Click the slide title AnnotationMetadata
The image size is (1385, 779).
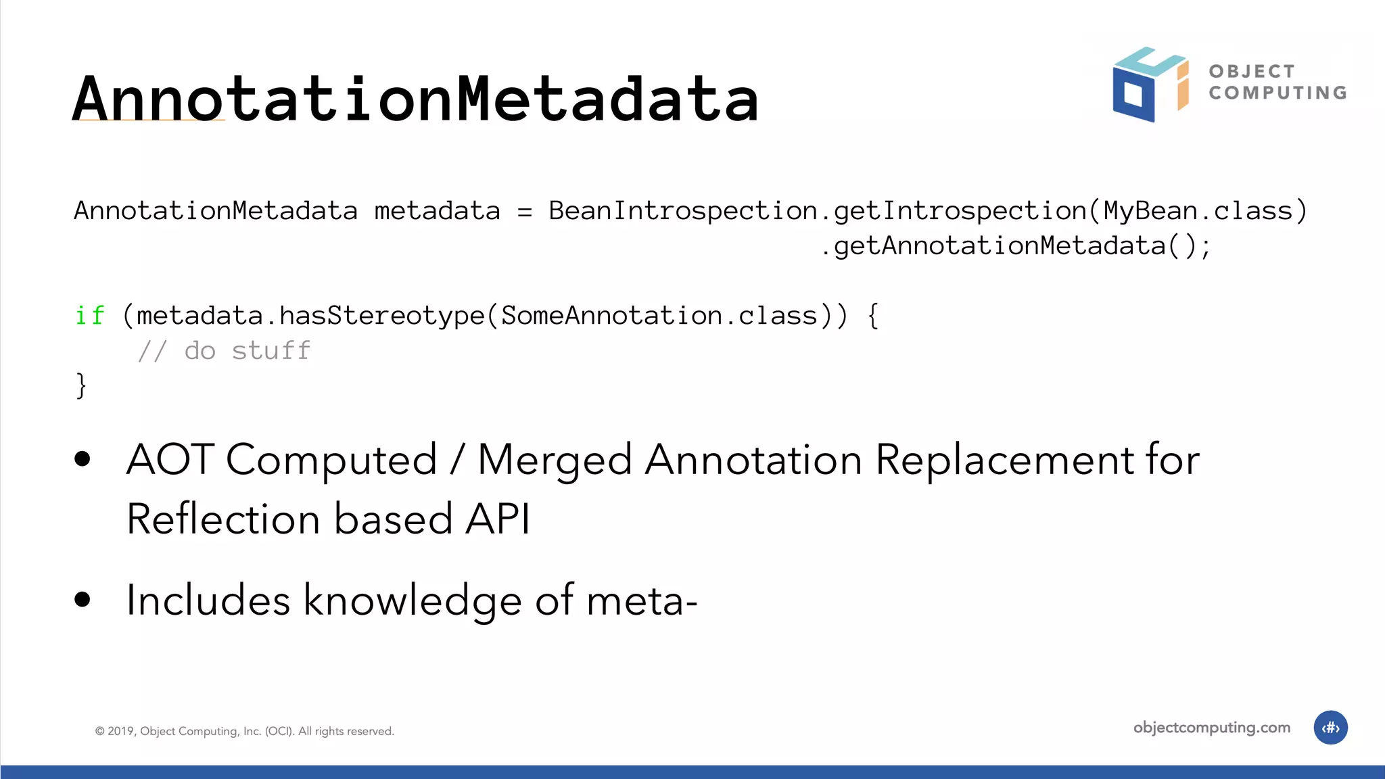415,99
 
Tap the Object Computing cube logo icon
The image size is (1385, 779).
1150,85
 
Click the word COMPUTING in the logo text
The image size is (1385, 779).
1277,93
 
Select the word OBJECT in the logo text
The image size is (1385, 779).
1252,71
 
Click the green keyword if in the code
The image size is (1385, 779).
89,316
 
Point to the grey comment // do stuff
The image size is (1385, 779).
224,351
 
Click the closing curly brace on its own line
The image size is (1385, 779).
81,385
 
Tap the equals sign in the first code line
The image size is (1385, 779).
525,212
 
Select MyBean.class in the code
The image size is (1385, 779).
1198,211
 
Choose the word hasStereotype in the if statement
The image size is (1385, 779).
382,316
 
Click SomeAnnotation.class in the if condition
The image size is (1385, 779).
659,316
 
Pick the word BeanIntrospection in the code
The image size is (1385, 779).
683,211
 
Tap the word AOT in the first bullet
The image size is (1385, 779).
170,460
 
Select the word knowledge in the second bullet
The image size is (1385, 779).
412,600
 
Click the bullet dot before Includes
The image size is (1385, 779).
83,600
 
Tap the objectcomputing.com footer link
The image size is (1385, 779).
1211,728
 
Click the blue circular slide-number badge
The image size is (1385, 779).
1330,728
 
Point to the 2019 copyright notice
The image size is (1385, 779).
244,731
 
